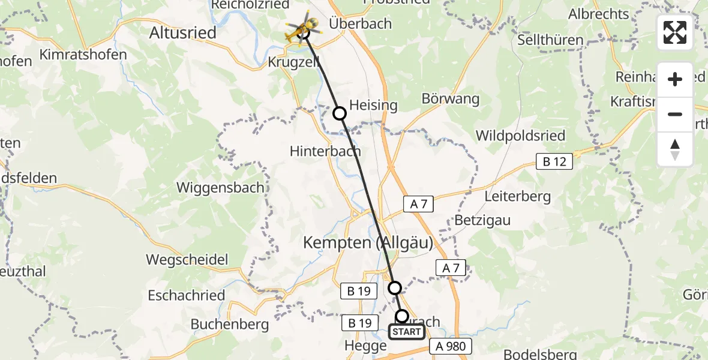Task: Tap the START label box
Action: click(407, 332)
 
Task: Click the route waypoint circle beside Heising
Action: click(340, 113)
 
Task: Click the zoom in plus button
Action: click(675, 80)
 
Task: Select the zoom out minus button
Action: click(675, 114)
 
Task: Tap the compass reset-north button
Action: click(675, 149)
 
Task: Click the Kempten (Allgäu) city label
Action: click(368, 242)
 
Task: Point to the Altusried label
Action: click(182, 32)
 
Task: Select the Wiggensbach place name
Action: click(220, 187)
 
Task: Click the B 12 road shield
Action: click(554, 161)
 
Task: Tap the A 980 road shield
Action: click(451, 346)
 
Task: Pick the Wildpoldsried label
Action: click(520, 136)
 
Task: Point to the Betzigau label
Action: click(482, 220)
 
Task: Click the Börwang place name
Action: click(451, 99)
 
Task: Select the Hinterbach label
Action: click(325, 151)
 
